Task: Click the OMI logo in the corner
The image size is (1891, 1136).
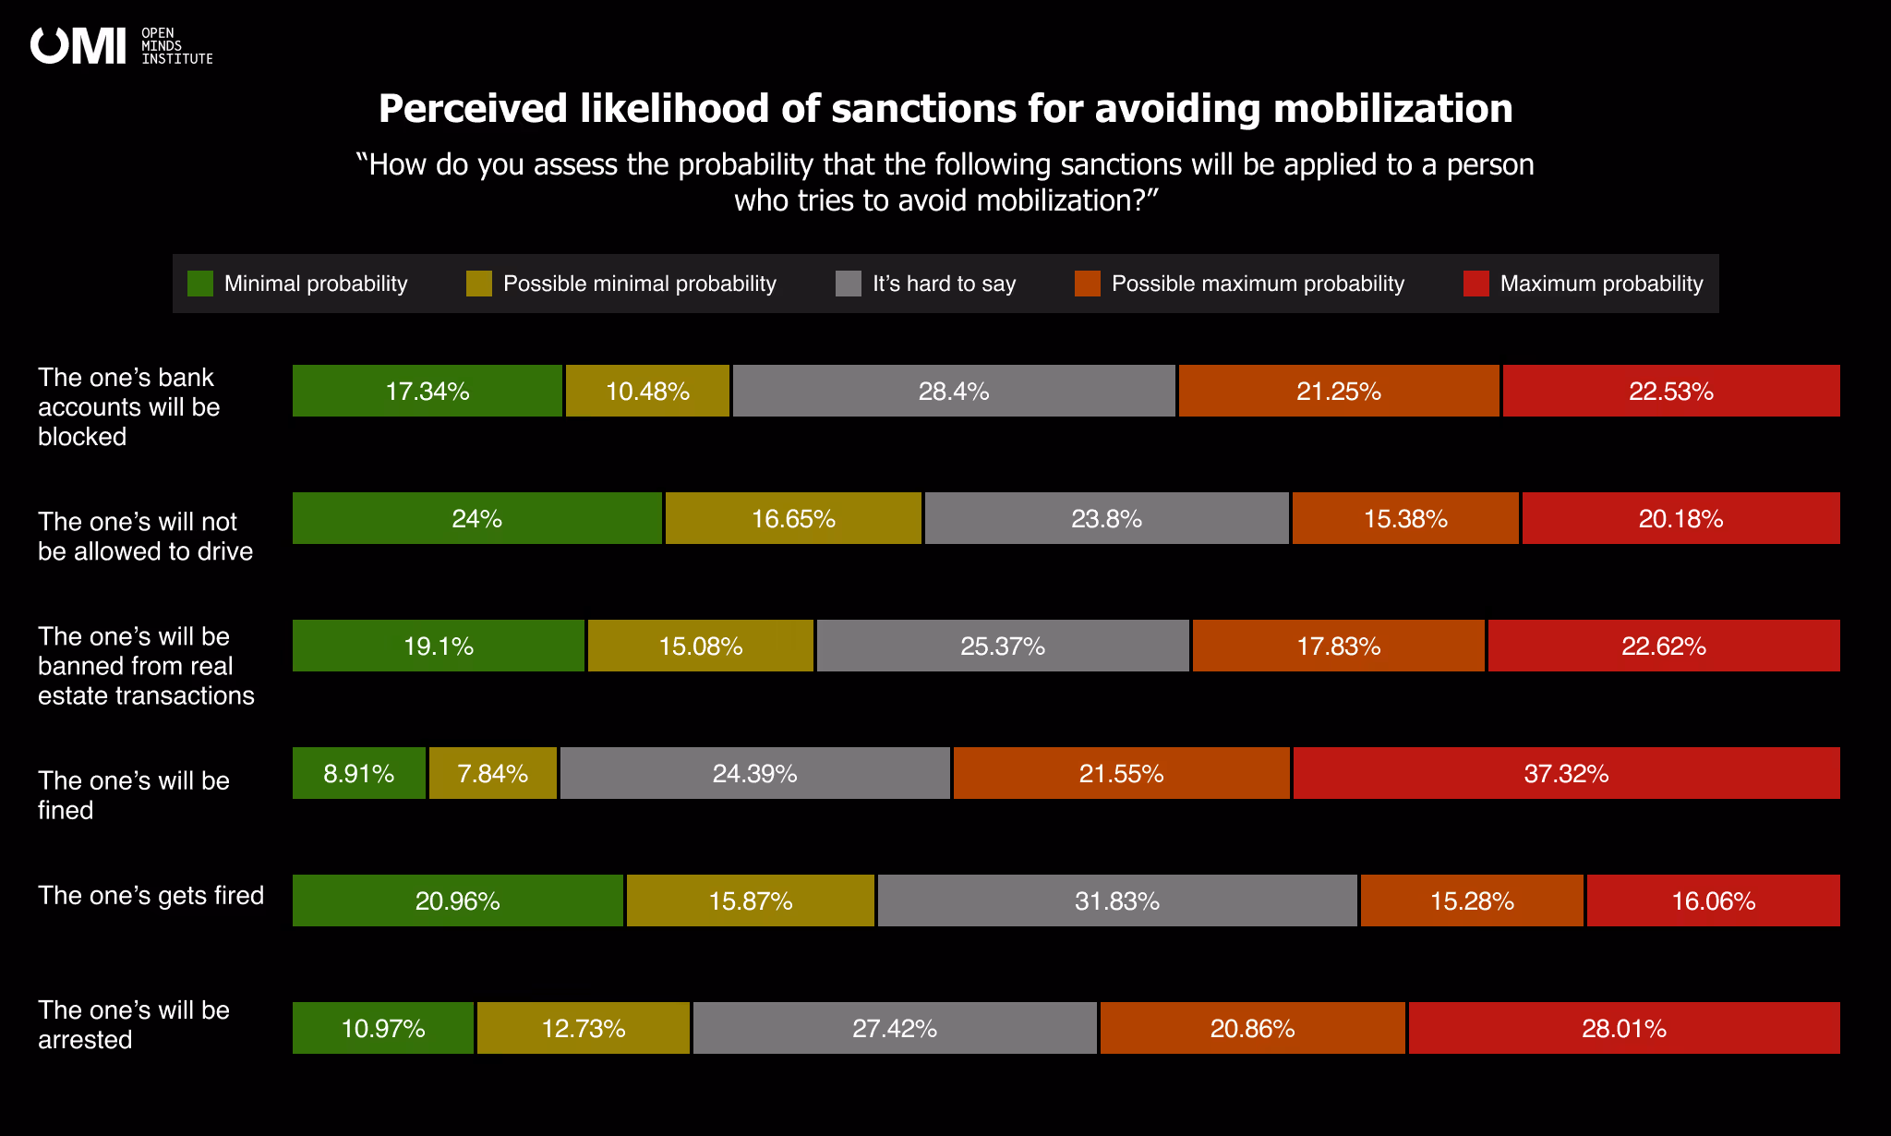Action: tap(120, 46)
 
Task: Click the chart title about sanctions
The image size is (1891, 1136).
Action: tap(945, 109)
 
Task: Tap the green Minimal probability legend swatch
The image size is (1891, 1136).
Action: tap(199, 284)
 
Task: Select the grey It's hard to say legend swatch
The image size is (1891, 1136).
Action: tap(848, 284)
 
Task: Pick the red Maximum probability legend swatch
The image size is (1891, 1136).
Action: tap(1475, 284)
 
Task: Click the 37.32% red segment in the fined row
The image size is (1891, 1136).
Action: tap(1566, 773)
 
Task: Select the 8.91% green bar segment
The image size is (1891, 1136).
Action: tap(358, 773)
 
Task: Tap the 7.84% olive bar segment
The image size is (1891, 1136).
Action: tap(492, 773)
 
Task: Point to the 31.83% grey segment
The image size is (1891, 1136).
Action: tap(1116, 900)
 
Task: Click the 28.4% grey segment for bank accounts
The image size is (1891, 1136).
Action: tap(953, 391)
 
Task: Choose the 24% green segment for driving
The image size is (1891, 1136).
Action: tap(476, 518)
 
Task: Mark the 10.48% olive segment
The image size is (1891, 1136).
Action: tap(647, 391)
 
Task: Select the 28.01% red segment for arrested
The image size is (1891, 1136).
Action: tap(1623, 1028)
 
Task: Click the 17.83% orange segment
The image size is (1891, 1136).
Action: tap(1338, 646)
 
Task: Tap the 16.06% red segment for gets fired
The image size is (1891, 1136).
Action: tap(1713, 900)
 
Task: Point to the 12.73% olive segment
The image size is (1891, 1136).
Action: tap(583, 1028)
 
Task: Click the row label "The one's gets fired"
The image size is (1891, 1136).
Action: tap(151, 895)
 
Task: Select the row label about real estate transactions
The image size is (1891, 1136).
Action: tap(145, 666)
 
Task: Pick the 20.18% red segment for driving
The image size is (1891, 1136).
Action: tap(1680, 518)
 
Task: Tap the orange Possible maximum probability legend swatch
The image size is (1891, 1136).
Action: tap(1087, 284)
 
